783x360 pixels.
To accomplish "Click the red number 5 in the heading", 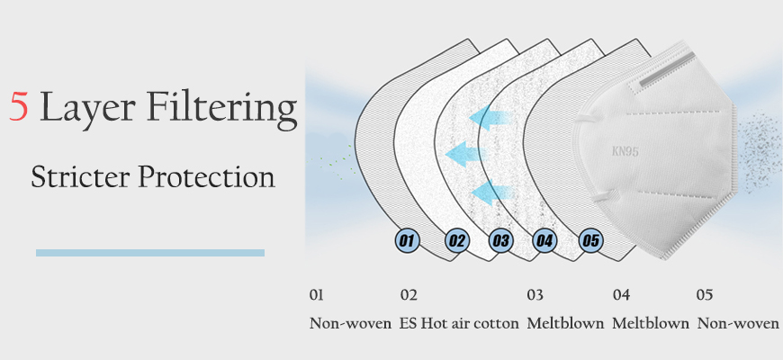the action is [x=19, y=106].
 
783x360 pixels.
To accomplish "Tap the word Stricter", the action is [x=80, y=176].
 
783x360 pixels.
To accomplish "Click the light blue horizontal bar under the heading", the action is [x=150, y=253].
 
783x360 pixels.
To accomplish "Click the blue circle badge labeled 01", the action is [x=407, y=241].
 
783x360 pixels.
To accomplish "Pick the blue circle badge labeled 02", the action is [x=457, y=241].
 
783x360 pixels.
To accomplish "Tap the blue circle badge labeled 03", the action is [x=501, y=241].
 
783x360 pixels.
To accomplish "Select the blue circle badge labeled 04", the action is [x=544, y=241].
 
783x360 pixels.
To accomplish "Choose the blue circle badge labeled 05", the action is [x=590, y=241].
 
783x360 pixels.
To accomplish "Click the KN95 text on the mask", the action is [x=625, y=151].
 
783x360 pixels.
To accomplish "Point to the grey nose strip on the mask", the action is [x=667, y=67].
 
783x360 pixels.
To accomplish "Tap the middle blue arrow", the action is [x=465, y=154].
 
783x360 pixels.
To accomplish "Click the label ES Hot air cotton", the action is [x=459, y=324].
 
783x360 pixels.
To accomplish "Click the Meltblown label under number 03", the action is [x=565, y=324].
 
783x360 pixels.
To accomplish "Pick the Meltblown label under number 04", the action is [x=651, y=324].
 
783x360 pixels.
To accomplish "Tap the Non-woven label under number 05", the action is [x=738, y=324].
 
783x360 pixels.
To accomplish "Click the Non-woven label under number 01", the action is [x=351, y=324].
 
